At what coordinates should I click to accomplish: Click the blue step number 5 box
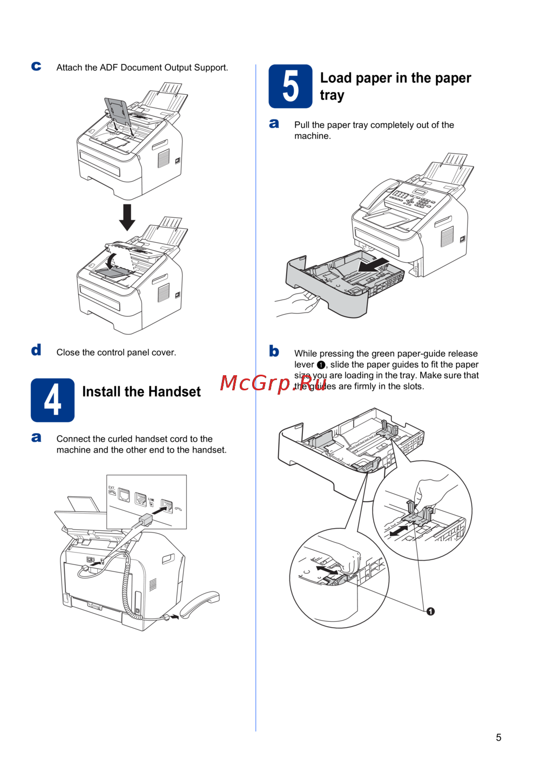pos(290,87)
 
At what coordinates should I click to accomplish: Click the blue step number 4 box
pos(52,400)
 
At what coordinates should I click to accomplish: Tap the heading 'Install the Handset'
pos(141,392)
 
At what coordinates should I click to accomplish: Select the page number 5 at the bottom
pos(498,737)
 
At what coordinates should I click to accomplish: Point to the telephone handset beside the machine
pos(200,603)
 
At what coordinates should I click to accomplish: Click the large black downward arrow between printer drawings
pos(127,217)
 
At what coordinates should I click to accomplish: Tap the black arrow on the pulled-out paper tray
pos(374,265)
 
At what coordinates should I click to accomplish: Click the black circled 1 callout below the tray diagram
pos(430,611)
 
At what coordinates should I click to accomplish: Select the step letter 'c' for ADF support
pos(36,66)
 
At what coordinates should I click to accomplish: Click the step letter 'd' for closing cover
pos(36,350)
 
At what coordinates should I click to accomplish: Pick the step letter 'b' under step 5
pos(274,351)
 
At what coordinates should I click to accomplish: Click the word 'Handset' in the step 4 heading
pos(174,392)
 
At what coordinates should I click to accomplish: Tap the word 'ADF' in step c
pos(109,68)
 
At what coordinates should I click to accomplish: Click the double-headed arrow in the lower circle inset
pos(327,570)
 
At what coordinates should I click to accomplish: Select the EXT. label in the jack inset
pos(111,488)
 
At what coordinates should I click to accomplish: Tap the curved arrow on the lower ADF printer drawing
pos(111,262)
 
